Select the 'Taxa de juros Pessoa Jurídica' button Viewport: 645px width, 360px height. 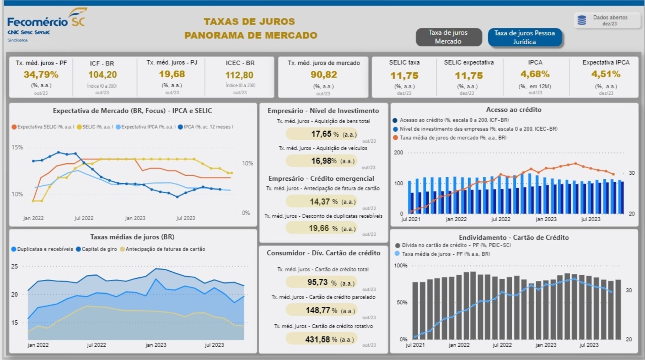[524, 37]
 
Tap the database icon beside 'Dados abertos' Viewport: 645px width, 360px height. [582, 20]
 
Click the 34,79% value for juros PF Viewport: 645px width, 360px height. [41, 75]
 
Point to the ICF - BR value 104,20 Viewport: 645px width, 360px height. [102, 75]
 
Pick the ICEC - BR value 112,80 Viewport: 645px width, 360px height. [239, 75]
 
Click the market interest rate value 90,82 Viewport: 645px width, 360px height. [323, 75]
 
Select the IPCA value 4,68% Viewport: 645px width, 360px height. [535, 74]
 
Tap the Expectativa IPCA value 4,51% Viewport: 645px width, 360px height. [606, 74]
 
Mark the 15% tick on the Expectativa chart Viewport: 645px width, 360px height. [17, 147]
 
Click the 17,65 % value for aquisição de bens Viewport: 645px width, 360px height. [321, 134]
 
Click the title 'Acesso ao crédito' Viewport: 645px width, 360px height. [513, 110]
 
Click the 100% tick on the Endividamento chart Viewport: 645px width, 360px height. [400, 266]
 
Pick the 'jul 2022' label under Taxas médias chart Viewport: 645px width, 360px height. [96, 345]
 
